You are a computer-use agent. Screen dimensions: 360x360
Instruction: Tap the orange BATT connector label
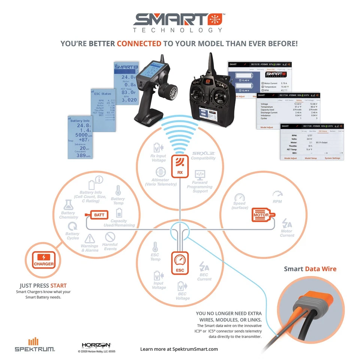99,215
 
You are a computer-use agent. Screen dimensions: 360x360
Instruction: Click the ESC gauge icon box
180,262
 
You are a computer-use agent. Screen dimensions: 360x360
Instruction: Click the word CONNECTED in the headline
139,44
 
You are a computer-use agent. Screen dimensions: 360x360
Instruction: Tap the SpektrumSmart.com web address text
195,349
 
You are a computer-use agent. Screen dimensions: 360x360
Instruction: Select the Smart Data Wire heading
310,268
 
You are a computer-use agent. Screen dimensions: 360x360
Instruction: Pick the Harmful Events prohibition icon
109,237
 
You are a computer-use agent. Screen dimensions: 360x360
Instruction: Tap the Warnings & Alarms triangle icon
90,238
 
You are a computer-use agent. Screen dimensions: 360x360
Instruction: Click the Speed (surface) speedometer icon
239,198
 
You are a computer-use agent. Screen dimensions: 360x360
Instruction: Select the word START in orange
58,286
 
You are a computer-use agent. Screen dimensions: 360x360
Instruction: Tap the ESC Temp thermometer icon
155,247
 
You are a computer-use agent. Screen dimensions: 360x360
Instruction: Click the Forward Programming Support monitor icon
199,175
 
